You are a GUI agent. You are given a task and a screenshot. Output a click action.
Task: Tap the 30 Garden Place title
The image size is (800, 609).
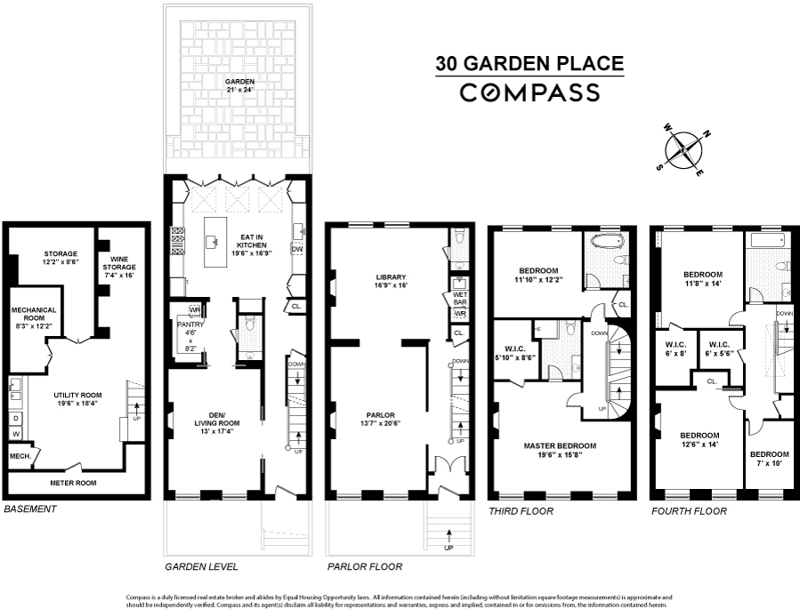pyautogui.click(x=529, y=64)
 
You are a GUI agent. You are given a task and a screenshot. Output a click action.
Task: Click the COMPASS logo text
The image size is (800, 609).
pyautogui.click(x=529, y=92)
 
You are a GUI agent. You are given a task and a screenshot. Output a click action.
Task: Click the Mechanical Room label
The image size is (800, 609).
pyautogui.click(x=34, y=315)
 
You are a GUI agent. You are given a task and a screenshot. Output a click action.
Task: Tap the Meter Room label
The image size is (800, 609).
pyautogui.click(x=68, y=483)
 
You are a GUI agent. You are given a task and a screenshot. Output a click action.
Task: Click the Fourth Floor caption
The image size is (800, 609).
pyautogui.click(x=689, y=511)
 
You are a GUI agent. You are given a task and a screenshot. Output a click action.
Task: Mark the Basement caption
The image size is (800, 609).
pyautogui.click(x=30, y=509)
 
